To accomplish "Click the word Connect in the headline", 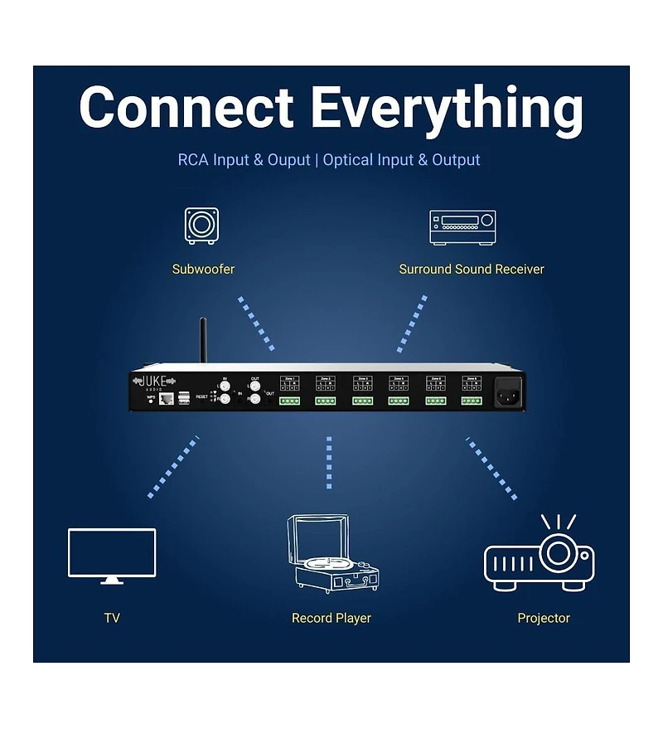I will [x=186, y=108].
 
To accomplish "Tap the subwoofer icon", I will [x=201, y=226].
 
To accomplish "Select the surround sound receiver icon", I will [x=462, y=226].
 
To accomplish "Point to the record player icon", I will [x=331, y=553].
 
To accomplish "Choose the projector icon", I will [x=540, y=553].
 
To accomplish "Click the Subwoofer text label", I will [x=203, y=269].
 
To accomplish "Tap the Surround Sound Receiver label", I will [x=472, y=269].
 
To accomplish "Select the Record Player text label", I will [x=331, y=618].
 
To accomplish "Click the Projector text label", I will [x=544, y=618].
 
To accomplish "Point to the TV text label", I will [x=112, y=618].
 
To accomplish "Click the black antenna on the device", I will [x=201, y=340].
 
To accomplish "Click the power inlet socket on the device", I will [x=508, y=392].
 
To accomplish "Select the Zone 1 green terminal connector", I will [x=289, y=401].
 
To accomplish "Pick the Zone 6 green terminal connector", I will [x=472, y=401].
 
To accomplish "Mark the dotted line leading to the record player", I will [x=329, y=462].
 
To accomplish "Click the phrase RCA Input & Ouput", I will [x=244, y=160].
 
